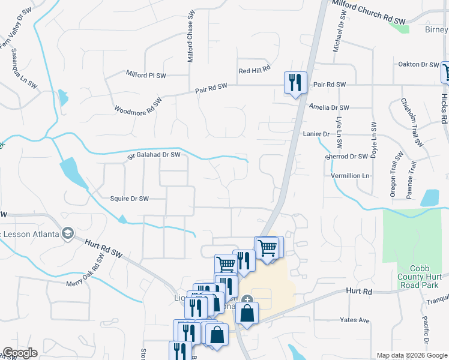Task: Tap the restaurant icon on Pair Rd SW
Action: point(295,82)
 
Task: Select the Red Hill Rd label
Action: point(255,71)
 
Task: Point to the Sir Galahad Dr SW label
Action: point(154,155)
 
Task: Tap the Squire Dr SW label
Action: point(129,198)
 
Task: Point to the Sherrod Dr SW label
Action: point(346,156)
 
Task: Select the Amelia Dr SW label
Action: point(328,108)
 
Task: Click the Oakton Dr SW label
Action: point(418,64)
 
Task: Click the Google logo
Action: point(19,353)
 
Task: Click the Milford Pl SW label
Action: point(145,76)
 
